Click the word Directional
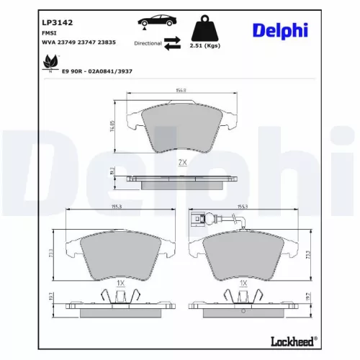[148, 44]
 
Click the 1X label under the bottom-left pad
[121, 284]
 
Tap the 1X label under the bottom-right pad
[243, 284]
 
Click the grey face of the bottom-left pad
[115, 256]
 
